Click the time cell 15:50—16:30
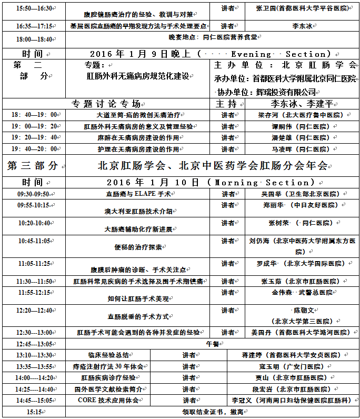pyautogui.click(x=34, y=9)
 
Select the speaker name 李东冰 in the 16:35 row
pyautogui.click(x=302, y=25)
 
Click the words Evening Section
pyautogui.click(x=278, y=54)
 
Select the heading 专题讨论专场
pyautogui.click(x=106, y=104)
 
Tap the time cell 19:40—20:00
pyautogui.click(x=34, y=149)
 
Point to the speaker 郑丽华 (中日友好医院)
pyautogui.click(x=301, y=205)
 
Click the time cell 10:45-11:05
pyautogui.click(x=34, y=241)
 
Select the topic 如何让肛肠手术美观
pyautogui.click(x=138, y=299)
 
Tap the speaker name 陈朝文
pyautogui.click(x=302, y=311)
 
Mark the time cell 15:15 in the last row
pyautogui.click(x=34, y=412)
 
